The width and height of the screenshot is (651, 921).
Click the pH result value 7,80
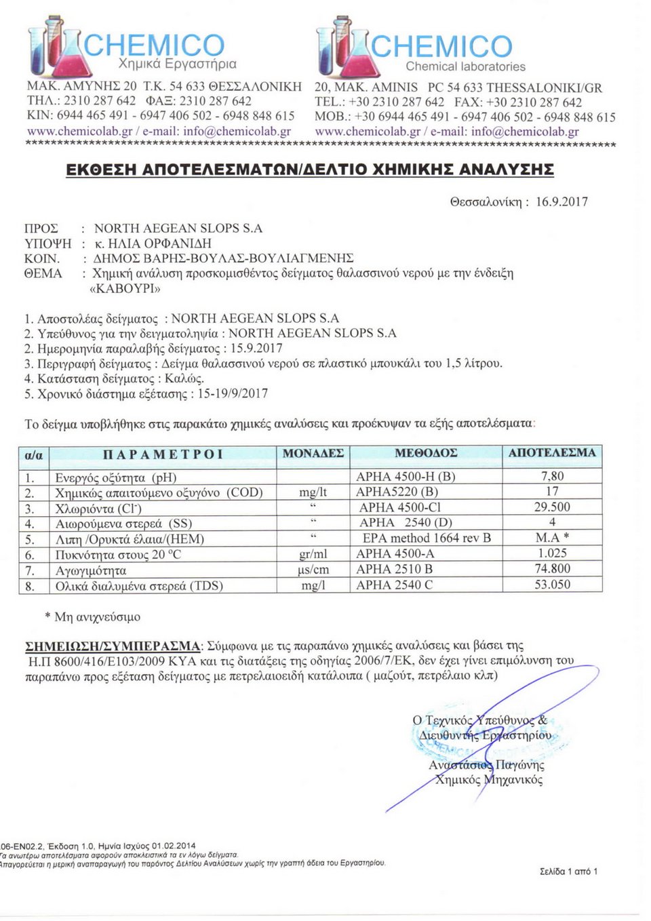[x=552, y=476]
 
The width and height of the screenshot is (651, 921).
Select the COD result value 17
[x=552, y=491]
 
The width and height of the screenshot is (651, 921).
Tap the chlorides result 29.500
[x=552, y=507]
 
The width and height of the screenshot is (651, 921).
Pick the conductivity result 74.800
[x=552, y=569]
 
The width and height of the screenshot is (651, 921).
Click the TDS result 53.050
[x=552, y=585]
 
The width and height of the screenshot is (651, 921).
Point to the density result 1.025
[x=552, y=553]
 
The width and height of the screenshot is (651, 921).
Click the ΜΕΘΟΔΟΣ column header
[x=426, y=453]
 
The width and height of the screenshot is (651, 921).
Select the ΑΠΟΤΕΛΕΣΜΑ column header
[x=552, y=453]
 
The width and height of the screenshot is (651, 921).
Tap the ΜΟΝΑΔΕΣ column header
[x=313, y=453]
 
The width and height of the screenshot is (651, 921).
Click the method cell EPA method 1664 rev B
[x=427, y=538]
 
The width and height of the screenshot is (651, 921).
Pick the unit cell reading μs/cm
[x=313, y=570]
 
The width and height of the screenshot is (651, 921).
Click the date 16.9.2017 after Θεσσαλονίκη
[x=561, y=201]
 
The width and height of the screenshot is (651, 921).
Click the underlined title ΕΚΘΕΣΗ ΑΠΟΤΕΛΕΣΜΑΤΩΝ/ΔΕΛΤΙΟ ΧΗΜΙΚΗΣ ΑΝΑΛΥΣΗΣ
[x=310, y=170]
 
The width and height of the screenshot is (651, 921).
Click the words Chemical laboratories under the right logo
[x=465, y=66]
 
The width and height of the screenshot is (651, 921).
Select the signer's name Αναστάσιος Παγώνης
[x=486, y=765]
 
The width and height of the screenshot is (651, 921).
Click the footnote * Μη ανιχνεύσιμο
[x=92, y=617]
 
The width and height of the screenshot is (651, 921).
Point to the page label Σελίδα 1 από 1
[x=568, y=871]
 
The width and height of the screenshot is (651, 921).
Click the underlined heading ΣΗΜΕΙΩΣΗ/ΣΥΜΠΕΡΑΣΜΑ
[x=113, y=646]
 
